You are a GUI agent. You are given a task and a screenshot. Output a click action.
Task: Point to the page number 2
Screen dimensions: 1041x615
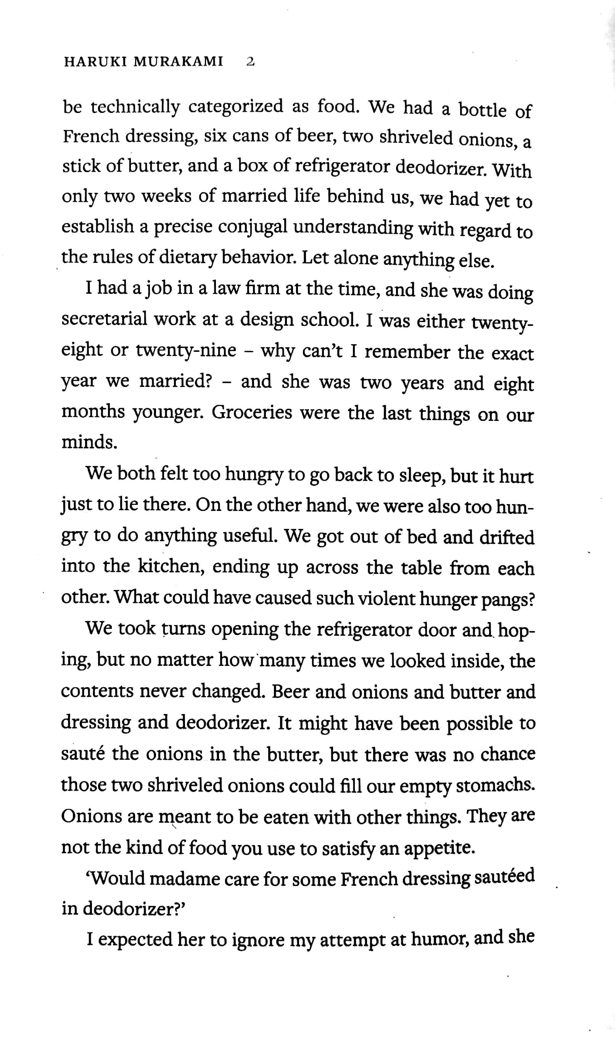(250, 62)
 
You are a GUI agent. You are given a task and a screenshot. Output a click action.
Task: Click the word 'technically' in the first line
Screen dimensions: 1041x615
(135, 107)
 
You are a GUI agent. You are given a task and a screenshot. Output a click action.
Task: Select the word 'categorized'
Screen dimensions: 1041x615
(236, 106)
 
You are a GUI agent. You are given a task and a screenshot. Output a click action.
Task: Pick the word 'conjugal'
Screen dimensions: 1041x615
(253, 227)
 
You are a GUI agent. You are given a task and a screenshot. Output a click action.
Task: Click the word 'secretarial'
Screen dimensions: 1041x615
(104, 319)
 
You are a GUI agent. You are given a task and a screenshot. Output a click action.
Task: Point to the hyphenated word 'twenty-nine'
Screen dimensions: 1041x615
(186, 351)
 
